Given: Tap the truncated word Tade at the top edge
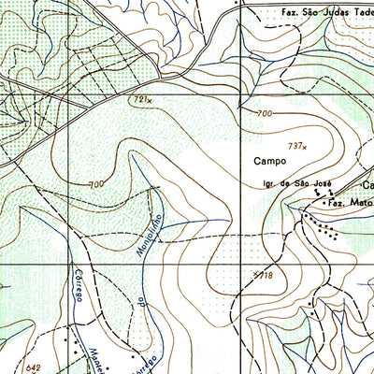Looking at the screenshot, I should [x=363, y=14].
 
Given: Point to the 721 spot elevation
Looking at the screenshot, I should [x=141, y=97].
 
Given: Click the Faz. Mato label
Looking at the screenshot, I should [x=348, y=202].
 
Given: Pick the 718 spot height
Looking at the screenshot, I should [x=264, y=276].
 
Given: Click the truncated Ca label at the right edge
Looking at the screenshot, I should [x=367, y=184].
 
